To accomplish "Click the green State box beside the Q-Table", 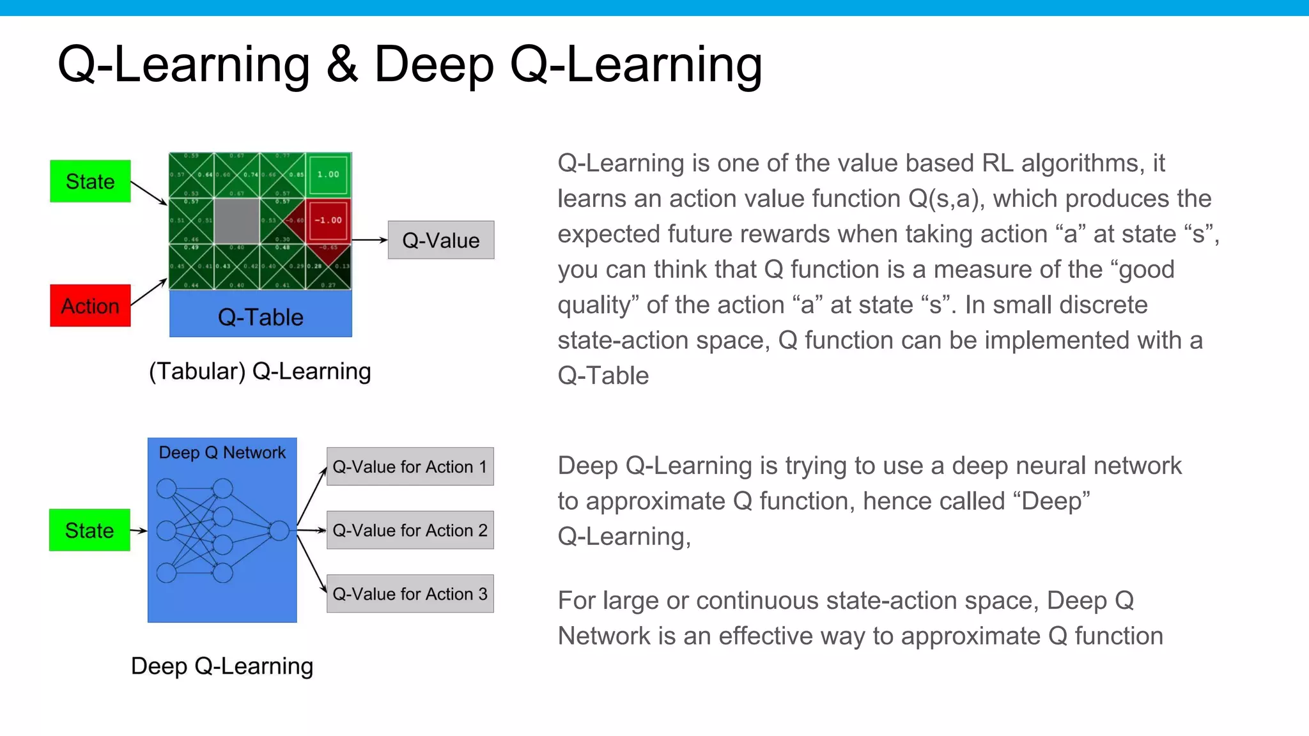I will pyautogui.click(x=90, y=181).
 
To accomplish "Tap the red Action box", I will pyautogui.click(x=90, y=305).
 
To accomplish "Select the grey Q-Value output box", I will pyautogui.click(x=441, y=240).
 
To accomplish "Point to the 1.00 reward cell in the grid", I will pyautogui.click(x=329, y=174).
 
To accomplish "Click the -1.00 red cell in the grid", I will pyautogui.click(x=329, y=220).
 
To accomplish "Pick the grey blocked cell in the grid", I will pyautogui.click(x=236, y=220).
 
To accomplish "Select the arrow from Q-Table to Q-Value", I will pyautogui.click(x=369, y=240).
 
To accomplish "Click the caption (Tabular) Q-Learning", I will pyautogui.click(x=259, y=371).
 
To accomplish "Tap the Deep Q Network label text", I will pyautogui.click(x=222, y=452).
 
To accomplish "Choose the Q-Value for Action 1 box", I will pyautogui.click(x=410, y=466).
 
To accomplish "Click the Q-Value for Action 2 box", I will pyautogui.click(x=410, y=530).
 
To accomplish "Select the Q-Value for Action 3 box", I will pyautogui.click(x=410, y=594).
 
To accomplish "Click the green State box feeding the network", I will pyautogui.click(x=89, y=530).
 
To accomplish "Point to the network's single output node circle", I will pyautogui.click(x=279, y=530).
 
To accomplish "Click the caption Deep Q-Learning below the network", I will pyautogui.click(x=222, y=666).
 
